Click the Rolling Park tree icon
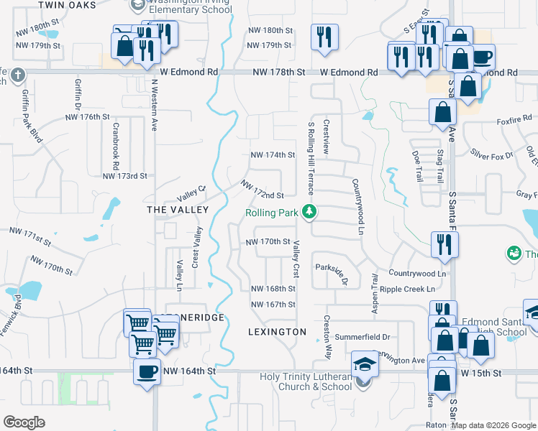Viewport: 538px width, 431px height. (309, 212)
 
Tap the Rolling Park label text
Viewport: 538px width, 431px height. (271, 213)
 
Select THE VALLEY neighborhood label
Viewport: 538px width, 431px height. (177, 210)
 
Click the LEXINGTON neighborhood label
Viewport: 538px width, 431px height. (277, 332)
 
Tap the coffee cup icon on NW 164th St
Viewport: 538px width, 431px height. (147, 372)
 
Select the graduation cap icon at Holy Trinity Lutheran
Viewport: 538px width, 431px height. (365, 365)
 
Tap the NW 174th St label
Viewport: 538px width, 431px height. (273, 154)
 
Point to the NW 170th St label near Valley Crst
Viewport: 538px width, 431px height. (268, 242)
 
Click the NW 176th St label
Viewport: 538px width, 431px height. (89, 116)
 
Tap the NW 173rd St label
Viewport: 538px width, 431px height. (124, 175)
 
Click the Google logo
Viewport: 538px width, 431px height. (24, 422)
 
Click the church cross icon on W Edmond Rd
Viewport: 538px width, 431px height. (18, 74)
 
